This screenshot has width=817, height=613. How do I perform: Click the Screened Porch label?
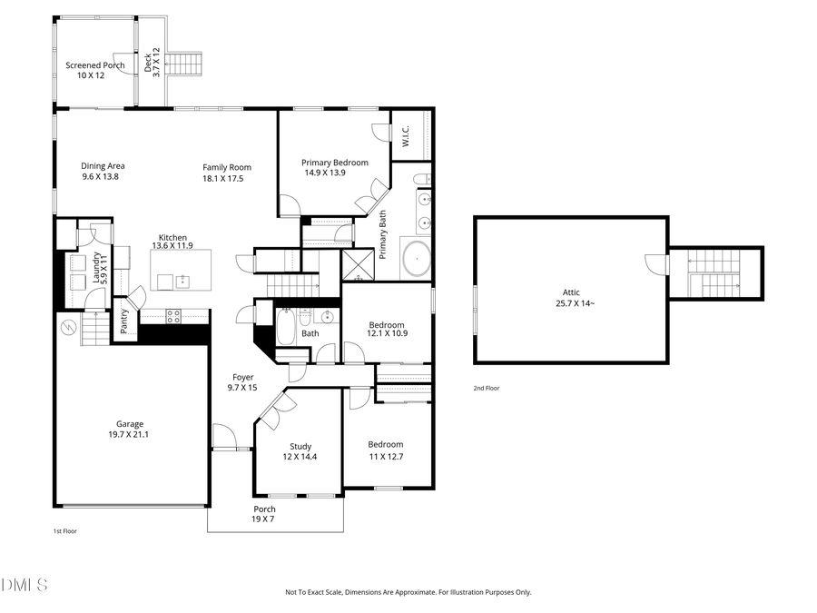94,70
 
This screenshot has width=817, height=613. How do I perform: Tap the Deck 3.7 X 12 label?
152,61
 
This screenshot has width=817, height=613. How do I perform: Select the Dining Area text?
102,171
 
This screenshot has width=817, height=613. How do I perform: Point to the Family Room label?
226,173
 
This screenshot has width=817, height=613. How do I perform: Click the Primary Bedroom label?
335,167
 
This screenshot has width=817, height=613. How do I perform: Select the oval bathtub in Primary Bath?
416,258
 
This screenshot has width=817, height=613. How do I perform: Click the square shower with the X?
358,264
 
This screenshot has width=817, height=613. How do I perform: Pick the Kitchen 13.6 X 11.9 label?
172,242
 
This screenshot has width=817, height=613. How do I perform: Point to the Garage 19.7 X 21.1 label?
129,429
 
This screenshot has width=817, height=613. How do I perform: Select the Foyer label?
242,382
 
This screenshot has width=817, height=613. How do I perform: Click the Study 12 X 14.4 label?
300,451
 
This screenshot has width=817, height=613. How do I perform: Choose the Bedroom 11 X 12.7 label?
385,450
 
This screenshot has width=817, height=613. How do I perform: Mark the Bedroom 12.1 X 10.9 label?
387,330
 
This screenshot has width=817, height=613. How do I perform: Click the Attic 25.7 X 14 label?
570,298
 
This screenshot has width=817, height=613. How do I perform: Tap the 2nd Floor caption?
486,388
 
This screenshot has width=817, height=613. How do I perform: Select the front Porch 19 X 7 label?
263,514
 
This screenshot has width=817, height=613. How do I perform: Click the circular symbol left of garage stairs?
67,326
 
